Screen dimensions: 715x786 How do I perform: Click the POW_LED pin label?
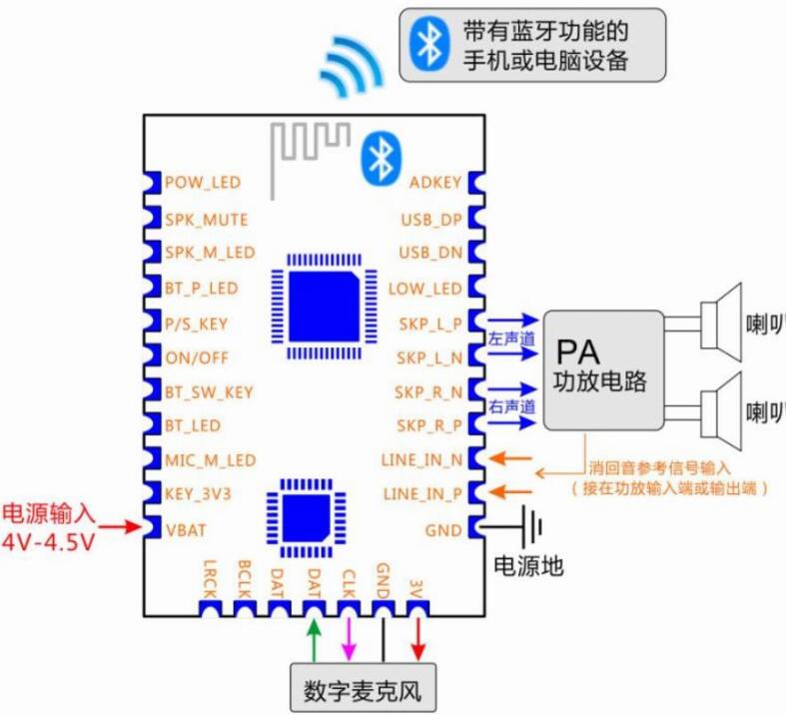202,183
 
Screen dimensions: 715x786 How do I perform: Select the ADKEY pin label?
435,183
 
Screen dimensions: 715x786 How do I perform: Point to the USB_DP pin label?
430,219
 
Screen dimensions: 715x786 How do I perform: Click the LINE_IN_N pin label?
421,460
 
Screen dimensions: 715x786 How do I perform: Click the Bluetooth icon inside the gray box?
429,44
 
